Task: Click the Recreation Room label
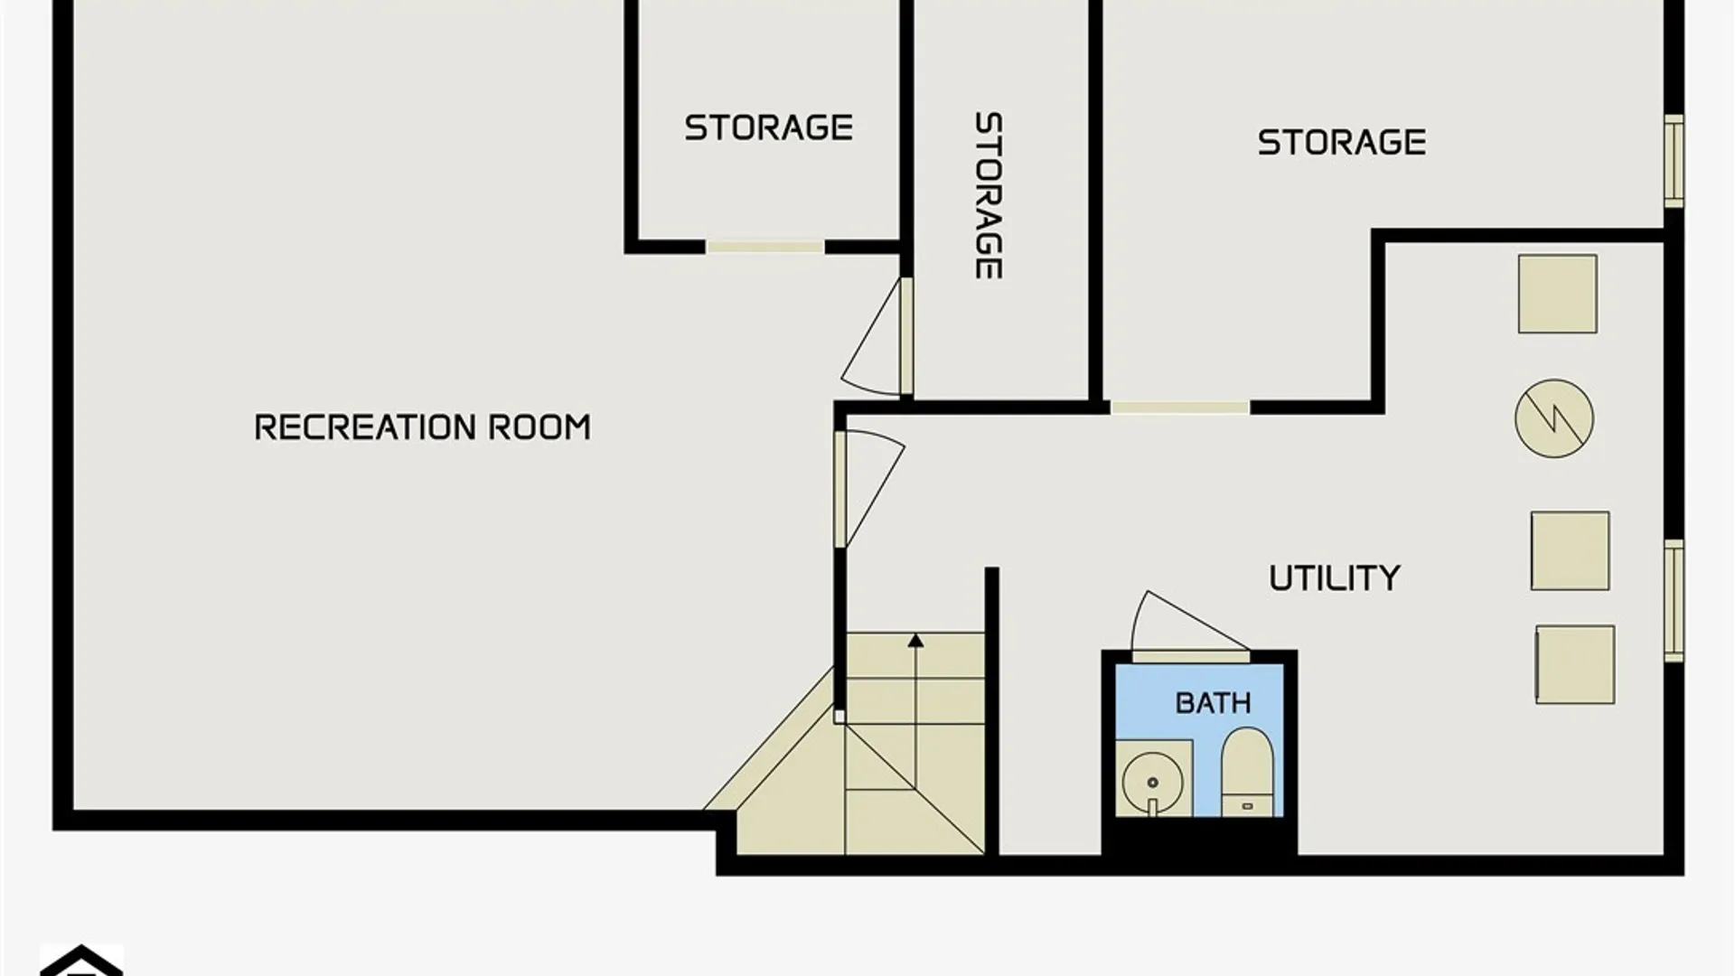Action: pos(423,427)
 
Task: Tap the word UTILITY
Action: pos(1335,578)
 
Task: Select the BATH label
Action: pos(1213,703)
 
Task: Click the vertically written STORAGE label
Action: pos(988,195)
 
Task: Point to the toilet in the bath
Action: pos(1247,772)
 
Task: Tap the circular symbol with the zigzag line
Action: pos(1554,418)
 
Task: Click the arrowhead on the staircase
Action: pos(915,641)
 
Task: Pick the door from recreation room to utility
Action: pos(868,489)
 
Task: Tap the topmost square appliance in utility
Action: pos(1557,294)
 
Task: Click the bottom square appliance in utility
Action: pos(1575,664)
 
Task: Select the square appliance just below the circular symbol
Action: pos(1570,551)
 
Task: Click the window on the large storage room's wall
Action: pos(1674,161)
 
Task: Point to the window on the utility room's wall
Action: pos(1674,600)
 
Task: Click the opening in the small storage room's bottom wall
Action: pos(764,247)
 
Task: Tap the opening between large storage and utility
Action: pos(1179,408)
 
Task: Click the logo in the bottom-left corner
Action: pos(81,961)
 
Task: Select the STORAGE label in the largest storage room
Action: pos(1342,143)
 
